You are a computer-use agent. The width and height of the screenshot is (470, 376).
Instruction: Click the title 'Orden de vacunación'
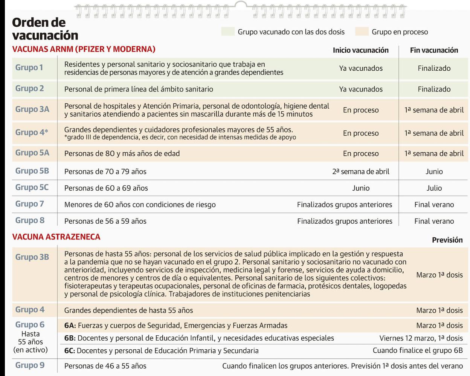(45, 29)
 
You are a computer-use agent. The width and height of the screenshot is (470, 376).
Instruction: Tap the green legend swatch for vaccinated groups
(228, 32)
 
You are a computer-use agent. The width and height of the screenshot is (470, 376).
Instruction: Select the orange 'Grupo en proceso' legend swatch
(362, 32)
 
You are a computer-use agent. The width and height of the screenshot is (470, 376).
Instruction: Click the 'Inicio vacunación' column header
(360, 50)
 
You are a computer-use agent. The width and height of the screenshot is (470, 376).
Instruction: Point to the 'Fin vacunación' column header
(434, 50)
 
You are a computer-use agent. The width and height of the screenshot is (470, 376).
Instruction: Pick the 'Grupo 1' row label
(29, 68)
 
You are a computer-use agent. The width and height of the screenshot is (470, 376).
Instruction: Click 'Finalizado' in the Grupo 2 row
(434, 89)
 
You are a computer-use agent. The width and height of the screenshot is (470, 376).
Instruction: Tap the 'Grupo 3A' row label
(32, 109)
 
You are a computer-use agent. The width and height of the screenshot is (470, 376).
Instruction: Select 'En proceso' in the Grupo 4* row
(360, 133)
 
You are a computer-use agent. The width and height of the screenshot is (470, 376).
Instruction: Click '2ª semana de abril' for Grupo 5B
(360, 171)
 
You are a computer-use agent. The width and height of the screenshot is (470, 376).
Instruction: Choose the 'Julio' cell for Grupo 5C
(434, 188)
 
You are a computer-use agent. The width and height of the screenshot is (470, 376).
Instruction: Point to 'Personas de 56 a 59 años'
(105, 221)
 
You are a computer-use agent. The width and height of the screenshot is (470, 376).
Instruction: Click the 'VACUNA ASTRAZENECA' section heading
(56, 237)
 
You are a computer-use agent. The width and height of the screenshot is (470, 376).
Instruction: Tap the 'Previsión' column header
(447, 240)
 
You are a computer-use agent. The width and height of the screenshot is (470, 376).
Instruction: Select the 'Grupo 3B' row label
(32, 257)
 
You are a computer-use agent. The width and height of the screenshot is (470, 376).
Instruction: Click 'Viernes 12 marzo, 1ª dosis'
(421, 338)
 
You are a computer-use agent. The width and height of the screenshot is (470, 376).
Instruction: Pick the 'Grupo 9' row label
(29, 365)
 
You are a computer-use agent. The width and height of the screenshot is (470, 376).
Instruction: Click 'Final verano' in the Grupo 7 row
(434, 205)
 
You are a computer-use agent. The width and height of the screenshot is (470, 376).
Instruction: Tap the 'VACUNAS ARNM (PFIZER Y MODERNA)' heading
(84, 49)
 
